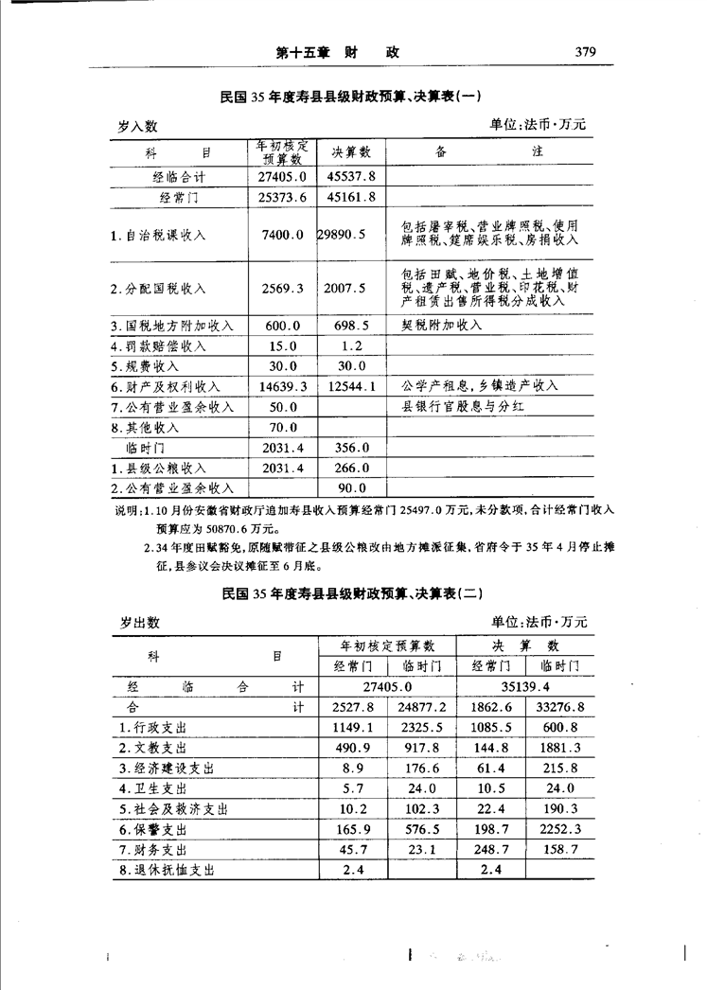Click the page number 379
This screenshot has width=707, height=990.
point(584,53)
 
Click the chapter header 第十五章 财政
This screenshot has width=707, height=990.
point(337,54)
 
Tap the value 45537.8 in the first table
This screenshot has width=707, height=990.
point(351,176)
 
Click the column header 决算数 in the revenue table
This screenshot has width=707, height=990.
point(351,151)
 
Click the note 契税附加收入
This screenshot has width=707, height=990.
point(442,325)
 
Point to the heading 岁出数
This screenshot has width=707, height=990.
point(139,622)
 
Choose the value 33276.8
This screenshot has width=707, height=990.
point(561,707)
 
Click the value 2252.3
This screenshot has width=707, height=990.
point(561,829)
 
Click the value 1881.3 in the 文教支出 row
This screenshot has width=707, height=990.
point(561,748)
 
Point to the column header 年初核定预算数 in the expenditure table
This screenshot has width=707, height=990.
point(388,645)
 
